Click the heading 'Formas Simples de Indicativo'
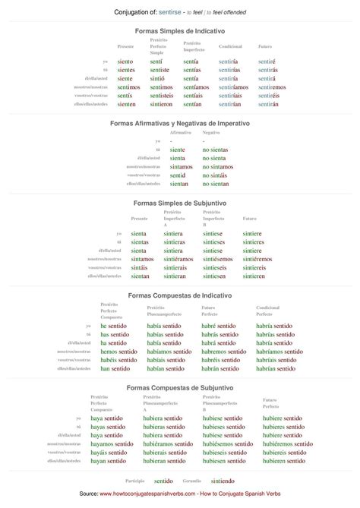(179, 30)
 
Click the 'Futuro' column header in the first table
(265, 46)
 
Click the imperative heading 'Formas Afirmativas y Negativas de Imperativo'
(179, 122)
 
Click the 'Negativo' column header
(211, 132)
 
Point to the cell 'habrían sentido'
(276, 368)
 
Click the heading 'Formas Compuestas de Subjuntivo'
(179, 387)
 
